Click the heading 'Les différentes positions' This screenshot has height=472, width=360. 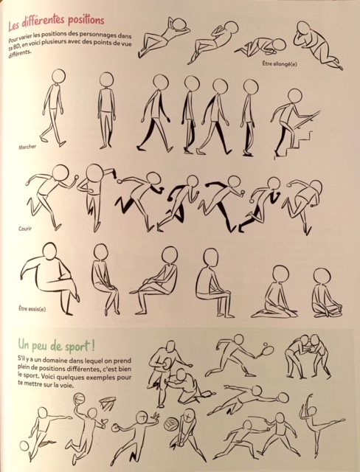coord(56,22)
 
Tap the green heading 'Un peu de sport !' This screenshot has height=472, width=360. coord(56,344)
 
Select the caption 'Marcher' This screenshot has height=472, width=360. coord(27,147)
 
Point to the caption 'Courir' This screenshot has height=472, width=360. coord(25,229)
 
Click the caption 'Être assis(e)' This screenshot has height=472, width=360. coord(32,308)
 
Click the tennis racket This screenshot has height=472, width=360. coord(266,352)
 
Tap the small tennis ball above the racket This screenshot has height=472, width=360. coord(266,344)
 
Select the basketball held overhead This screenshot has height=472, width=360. coord(79,400)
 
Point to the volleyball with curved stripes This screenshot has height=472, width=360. coord(171,423)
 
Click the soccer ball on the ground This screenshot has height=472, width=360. coord(24,445)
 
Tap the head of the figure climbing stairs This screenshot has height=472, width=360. coord(294,96)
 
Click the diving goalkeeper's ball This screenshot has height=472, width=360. coord(283,398)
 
